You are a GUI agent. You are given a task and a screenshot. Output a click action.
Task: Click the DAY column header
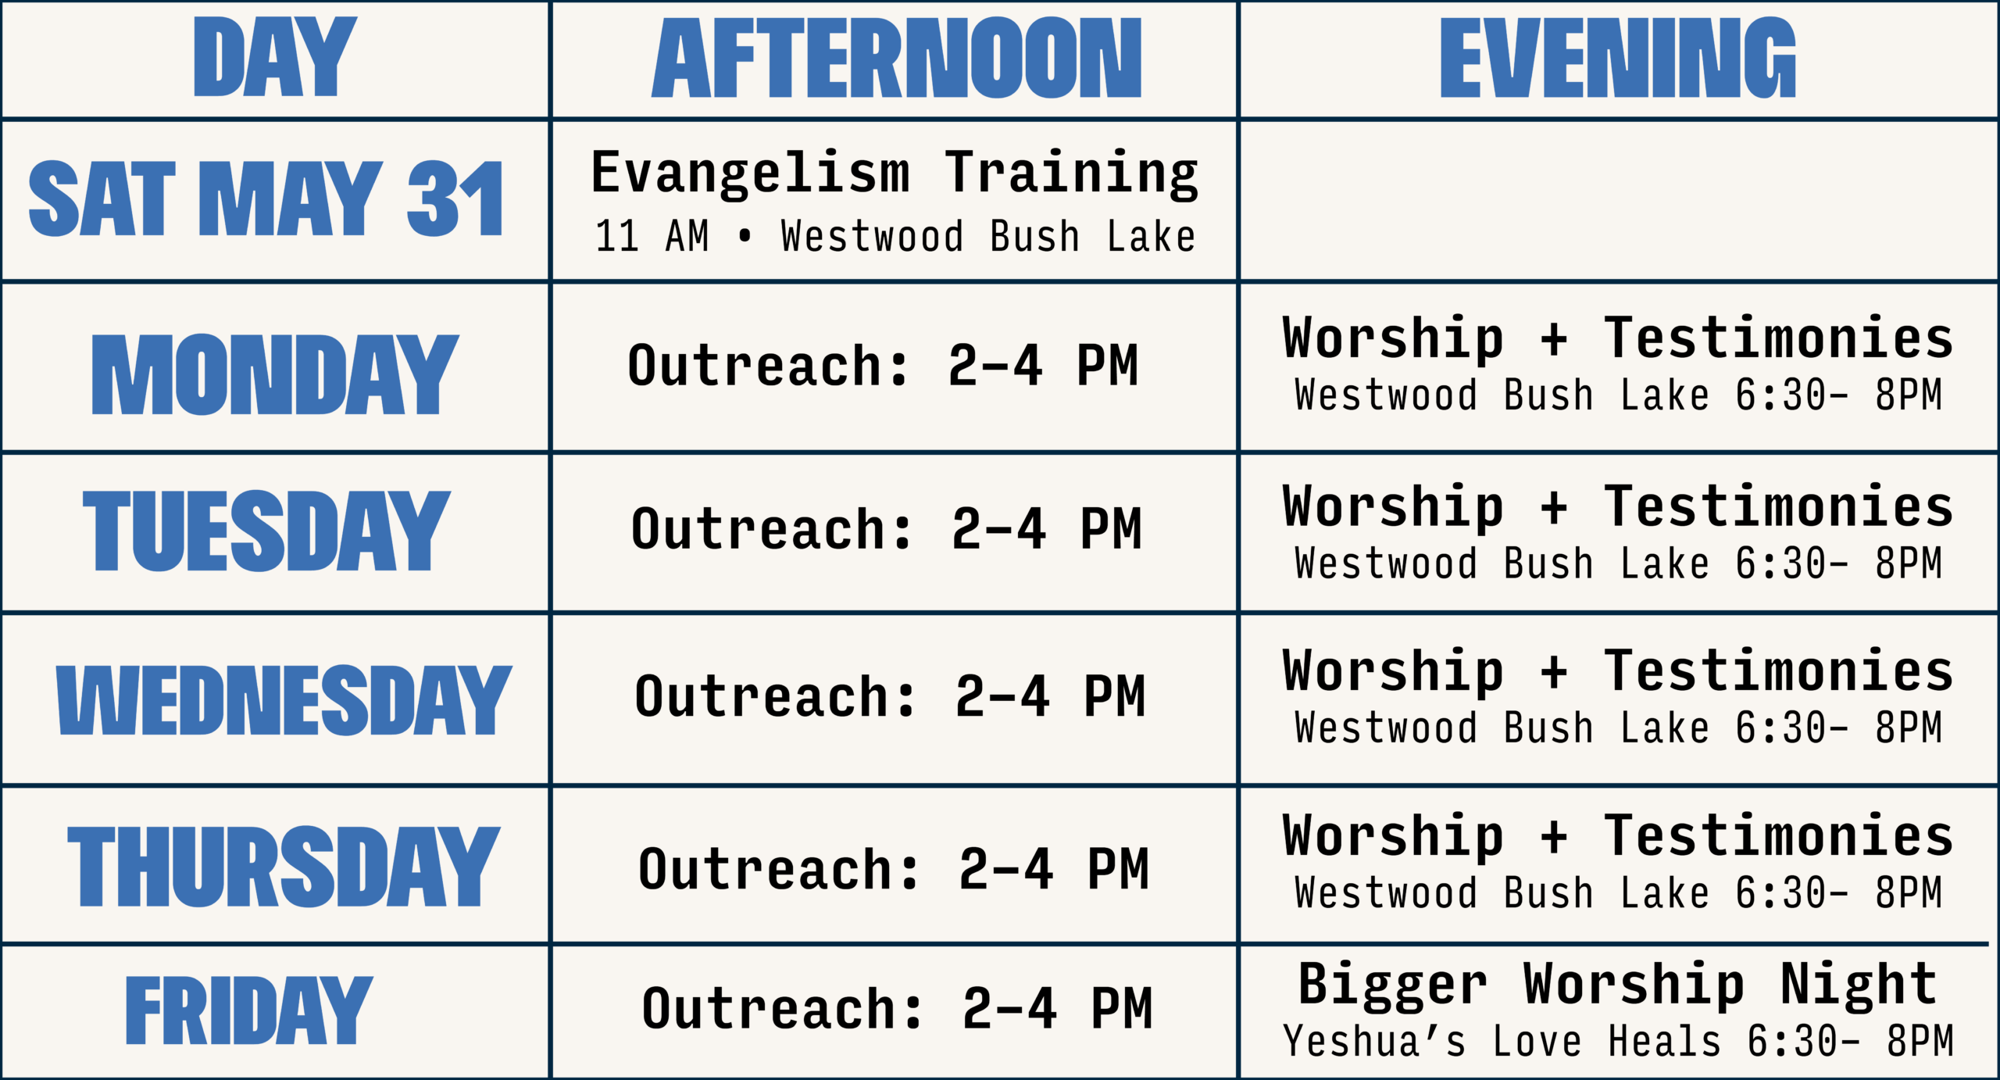(275, 57)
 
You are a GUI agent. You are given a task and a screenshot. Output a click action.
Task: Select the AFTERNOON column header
(897, 58)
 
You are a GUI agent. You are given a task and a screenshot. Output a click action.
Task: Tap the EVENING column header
(1618, 58)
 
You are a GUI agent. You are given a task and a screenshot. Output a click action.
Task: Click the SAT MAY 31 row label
(266, 198)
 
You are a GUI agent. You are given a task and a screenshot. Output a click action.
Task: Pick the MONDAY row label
(275, 374)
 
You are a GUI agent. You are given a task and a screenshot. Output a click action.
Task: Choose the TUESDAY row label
(266, 531)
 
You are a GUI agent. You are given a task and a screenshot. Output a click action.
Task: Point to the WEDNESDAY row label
(284, 700)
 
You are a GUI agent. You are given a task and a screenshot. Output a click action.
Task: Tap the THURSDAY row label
(284, 867)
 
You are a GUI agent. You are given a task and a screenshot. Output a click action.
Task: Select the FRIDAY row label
(249, 1010)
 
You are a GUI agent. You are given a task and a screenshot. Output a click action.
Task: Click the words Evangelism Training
(895, 173)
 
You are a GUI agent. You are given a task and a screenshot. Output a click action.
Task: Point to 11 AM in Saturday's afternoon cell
(652, 236)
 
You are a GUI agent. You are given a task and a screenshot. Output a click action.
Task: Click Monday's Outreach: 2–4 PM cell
(884, 365)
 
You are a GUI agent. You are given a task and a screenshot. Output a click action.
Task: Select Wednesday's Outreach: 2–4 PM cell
(891, 696)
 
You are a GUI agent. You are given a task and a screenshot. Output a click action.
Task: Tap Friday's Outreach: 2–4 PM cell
(898, 1008)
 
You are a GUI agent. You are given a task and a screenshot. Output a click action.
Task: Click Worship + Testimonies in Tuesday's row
(1618, 507)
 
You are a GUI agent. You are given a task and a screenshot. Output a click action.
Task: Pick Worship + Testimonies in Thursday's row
(1618, 837)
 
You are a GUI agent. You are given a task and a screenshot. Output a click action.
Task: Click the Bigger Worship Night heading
(1618, 985)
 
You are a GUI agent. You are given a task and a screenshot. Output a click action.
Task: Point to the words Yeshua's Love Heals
(1502, 1041)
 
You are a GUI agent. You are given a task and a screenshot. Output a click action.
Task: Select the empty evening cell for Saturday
(1619, 201)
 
